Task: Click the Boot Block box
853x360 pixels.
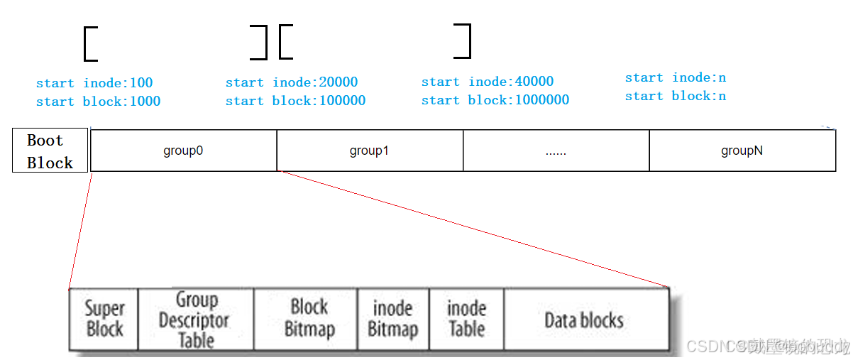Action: point(50,151)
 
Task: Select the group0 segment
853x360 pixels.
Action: point(183,151)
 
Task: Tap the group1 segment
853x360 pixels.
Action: point(369,151)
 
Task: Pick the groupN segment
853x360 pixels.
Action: point(742,151)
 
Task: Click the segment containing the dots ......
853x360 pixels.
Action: point(556,151)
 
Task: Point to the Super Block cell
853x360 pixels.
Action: point(104,319)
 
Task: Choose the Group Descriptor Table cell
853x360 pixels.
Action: point(195,320)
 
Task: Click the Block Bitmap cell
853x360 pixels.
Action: point(309,319)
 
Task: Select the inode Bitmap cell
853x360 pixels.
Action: point(392,319)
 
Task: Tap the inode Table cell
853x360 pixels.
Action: point(466,319)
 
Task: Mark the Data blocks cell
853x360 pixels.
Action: point(584,320)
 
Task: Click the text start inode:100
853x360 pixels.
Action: point(94,83)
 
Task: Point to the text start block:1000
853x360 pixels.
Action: point(98,102)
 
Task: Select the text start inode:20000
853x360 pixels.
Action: point(292,82)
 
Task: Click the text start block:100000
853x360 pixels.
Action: point(295,101)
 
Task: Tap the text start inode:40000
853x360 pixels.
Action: point(488,82)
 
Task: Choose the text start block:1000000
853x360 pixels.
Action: point(495,100)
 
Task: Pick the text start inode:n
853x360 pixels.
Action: point(675,77)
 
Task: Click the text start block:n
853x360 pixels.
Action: point(675,96)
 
